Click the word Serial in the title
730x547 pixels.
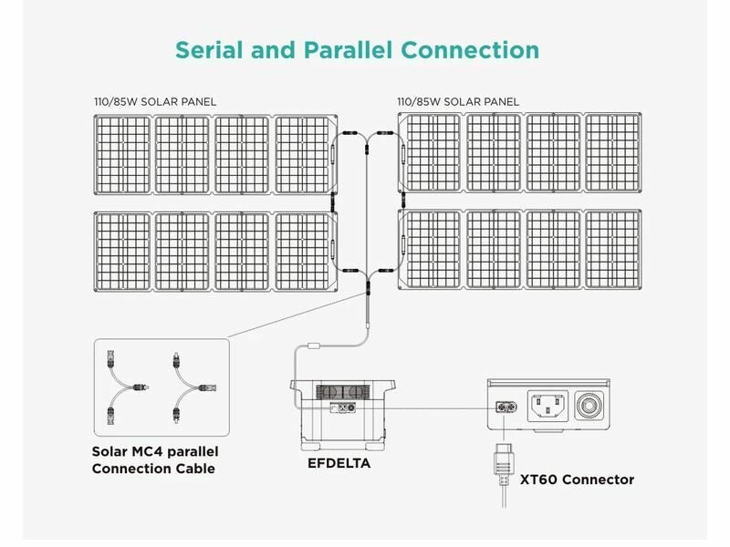209,49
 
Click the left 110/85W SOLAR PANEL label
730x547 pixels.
155,101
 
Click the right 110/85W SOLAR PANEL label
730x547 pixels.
458,101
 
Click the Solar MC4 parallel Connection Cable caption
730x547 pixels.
155,459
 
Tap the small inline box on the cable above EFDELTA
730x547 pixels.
314,345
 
